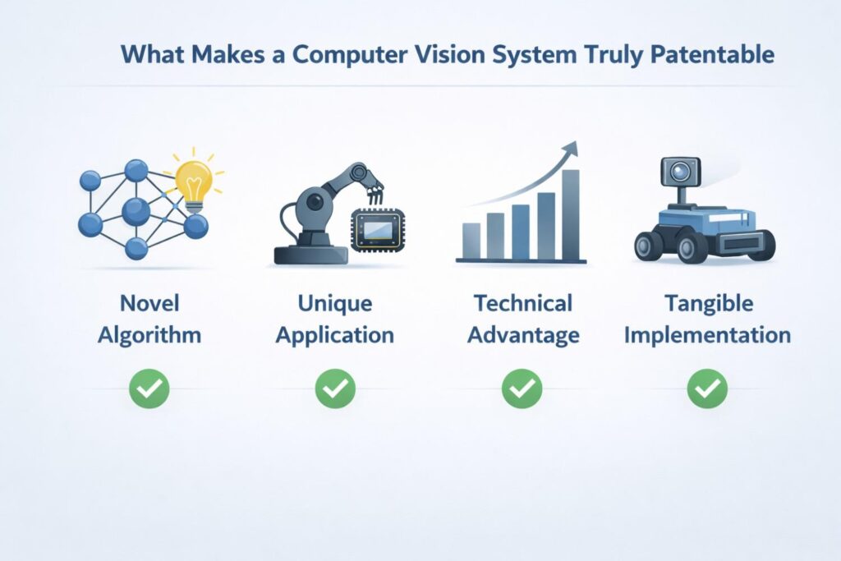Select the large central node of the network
pyautogui.click(x=136, y=212)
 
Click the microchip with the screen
pyautogui.click(x=379, y=228)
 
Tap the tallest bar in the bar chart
pyautogui.click(x=571, y=213)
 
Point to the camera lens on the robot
pyautogui.click(x=680, y=172)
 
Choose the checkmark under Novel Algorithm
pyautogui.click(x=149, y=389)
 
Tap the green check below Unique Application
pyautogui.click(x=335, y=389)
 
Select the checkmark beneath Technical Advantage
pyautogui.click(x=522, y=389)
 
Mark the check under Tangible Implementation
pyautogui.click(x=707, y=389)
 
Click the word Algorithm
pyautogui.click(x=149, y=335)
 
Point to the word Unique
pyautogui.click(x=335, y=304)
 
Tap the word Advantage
pyautogui.click(x=522, y=335)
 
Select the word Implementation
pyautogui.click(x=707, y=335)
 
